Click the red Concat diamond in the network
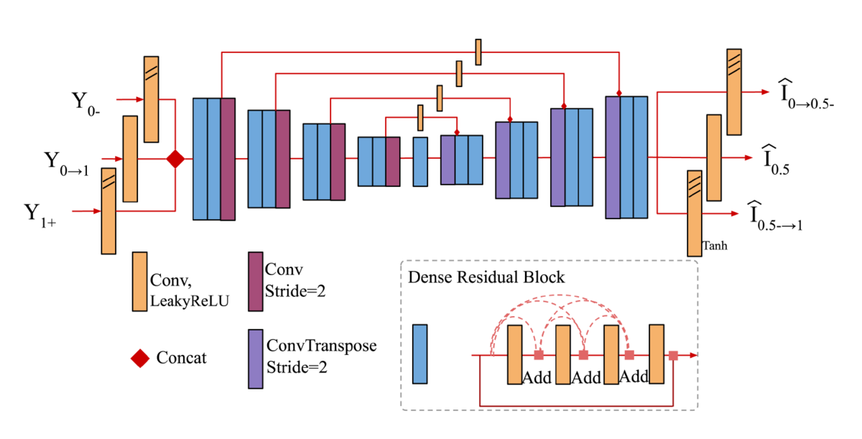point(175,159)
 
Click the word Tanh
point(715,245)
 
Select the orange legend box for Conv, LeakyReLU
point(139,281)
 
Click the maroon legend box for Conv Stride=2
point(255,281)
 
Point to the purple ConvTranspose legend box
point(255,359)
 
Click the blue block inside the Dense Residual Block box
point(420,353)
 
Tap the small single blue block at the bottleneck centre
point(420,162)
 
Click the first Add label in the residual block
point(537,377)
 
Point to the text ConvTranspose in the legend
point(321,346)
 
